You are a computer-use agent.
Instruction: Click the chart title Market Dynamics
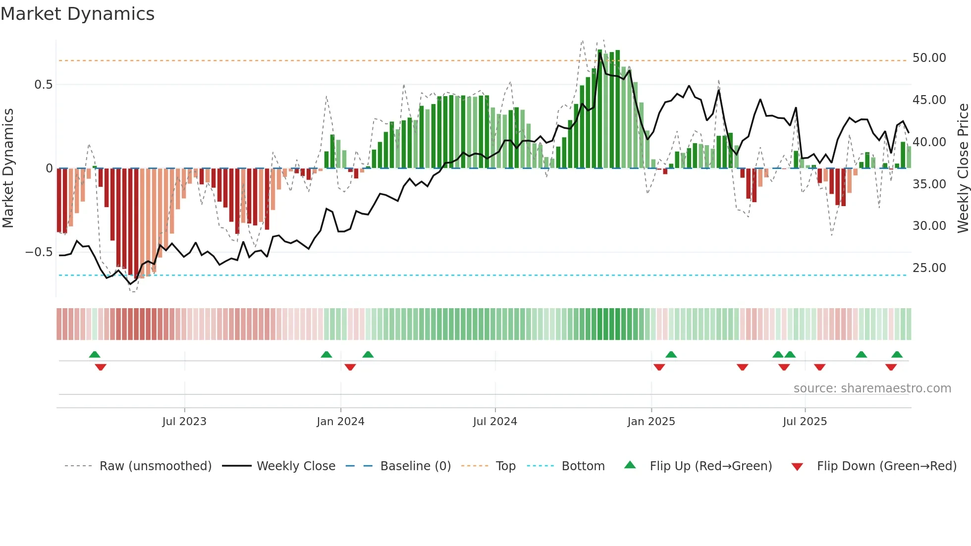pos(78,14)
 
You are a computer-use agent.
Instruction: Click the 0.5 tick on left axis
pos(43,85)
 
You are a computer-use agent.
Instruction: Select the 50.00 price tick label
pos(929,58)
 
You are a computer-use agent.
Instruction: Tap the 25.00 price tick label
pos(929,268)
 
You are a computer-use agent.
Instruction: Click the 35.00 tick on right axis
pos(929,184)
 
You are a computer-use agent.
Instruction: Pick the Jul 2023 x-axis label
pos(184,422)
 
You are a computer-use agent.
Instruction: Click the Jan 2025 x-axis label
pos(651,422)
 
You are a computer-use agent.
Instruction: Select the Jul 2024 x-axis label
pos(495,422)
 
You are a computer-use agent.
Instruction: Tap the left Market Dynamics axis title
pos(8,168)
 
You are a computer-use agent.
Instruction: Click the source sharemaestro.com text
pos(872,388)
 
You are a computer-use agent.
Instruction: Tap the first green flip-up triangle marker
pos(95,354)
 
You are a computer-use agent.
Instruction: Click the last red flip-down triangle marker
pos(891,367)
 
